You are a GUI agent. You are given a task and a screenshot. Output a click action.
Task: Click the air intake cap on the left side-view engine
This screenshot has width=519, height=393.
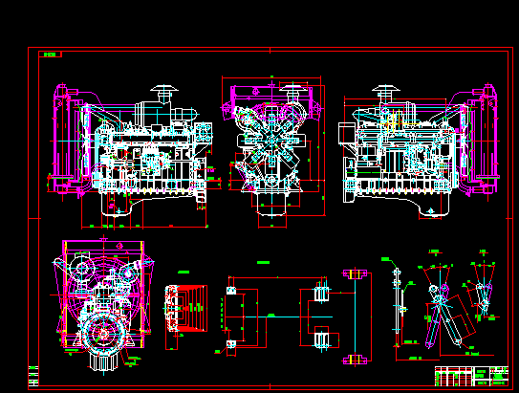162,93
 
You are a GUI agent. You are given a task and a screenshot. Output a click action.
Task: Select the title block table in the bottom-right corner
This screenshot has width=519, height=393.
472,375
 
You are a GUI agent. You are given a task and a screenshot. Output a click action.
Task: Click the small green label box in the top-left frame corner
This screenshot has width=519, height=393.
49,55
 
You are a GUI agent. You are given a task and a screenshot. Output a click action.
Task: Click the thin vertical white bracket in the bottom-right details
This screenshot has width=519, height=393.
397,306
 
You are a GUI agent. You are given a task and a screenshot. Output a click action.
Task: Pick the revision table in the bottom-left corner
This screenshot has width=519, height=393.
34,375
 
